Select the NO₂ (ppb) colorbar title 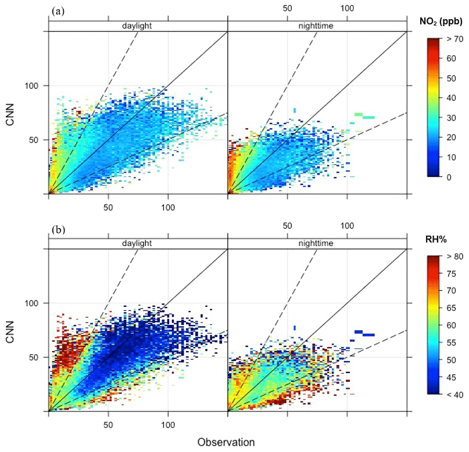pos(441,23)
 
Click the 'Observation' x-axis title pos(226,442)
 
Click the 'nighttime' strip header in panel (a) pos(317,26)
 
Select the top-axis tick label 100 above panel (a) pos(347,9)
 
